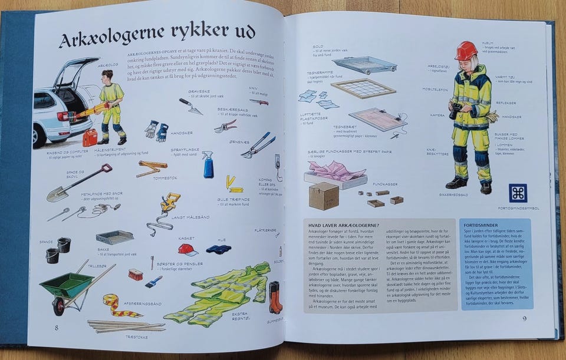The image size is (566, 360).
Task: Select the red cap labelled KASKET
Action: click(x=187, y=249)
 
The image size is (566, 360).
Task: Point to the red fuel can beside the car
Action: click(x=90, y=138)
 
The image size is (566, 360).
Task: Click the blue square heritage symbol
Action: click(x=518, y=193)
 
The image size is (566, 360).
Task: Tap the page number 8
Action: click(x=57, y=328)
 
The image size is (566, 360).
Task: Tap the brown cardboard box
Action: click(x=324, y=195)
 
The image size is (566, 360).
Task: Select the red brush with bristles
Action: click(x=135, y=274)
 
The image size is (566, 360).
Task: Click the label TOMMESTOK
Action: click(x=165, y=179)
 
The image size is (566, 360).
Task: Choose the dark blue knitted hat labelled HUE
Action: click(x=218, y=249)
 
